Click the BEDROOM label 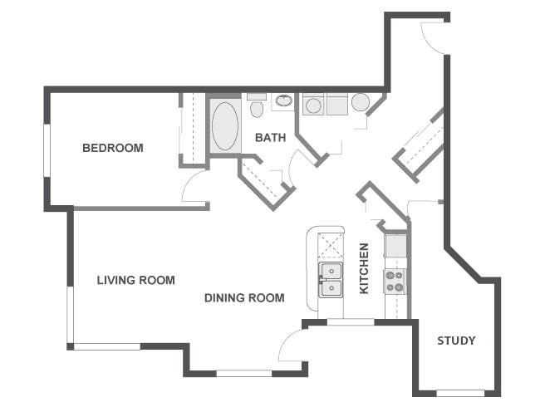click(x=112, y=149)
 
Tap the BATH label click(x=270, y=137)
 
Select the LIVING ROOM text click(x=135, y=281)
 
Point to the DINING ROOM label click(x=244, y=298)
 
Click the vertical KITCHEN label click(x=364, y=268)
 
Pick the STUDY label click(x=456, y=341)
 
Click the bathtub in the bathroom click(x=224, y=125)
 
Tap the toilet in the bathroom click(x=257, y=108)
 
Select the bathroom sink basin click(x=283, y=101)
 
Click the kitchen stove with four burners click(x=396, y=282)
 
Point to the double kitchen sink click(x=331, y=280)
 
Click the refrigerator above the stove click(x=396, y=246)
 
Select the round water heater click(x=361, y=102)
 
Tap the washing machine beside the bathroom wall click(x=314, y=105)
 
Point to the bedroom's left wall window click(x=47, y=150)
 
